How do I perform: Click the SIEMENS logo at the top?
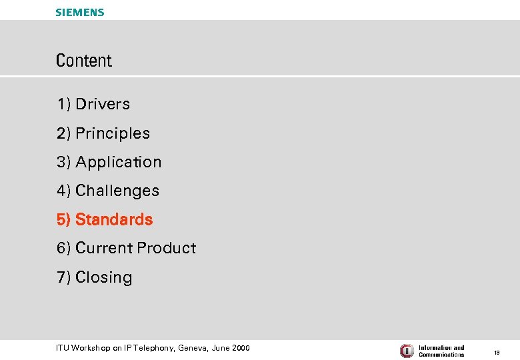(x=80, y=12)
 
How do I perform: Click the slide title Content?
(x=84, y=61)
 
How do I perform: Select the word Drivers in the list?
(x=103, y=104)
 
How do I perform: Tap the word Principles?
(x=113, y=133)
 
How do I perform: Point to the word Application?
(x=119, y=162)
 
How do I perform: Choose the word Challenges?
(x=117, y=191)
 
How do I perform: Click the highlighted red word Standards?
(x=114, y=219)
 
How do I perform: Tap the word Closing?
(x=104, y=277)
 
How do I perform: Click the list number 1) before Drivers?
(x=64, y=104)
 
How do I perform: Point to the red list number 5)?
(x=64, y=219)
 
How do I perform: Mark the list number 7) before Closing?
(x=64, y=277)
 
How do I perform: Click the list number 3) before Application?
(x=64, y=162)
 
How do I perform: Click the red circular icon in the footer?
(x=407, y=351)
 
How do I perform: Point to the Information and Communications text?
(x=441, y=351)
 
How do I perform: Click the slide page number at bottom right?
(x=497, y=351)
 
